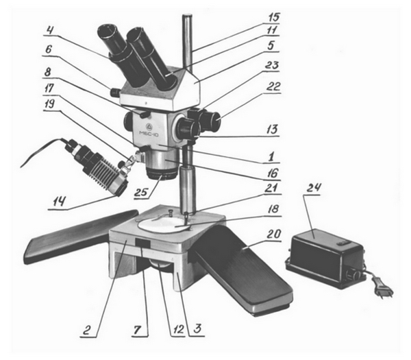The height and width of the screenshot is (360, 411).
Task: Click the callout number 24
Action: tap(314, 189)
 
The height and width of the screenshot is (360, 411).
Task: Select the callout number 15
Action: tap(273, 18)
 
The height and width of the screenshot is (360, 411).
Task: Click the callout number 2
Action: tap(87, 330)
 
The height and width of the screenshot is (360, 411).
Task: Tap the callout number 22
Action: tap(273, 86)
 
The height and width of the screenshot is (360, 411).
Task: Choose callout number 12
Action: tap(177, 330)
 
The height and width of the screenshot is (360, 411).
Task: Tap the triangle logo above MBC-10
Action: tap(149, 126)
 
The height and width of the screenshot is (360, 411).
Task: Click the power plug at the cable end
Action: tap(383, 288)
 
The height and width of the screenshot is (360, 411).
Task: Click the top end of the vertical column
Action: tap(188, 16)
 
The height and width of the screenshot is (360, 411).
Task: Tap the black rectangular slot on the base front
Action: tap(143, 243)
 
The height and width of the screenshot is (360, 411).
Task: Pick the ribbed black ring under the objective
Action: tap(161, 173)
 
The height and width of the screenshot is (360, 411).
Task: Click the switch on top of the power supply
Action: tap(342, 243)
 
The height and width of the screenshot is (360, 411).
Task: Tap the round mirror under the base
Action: tap(162, 264)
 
